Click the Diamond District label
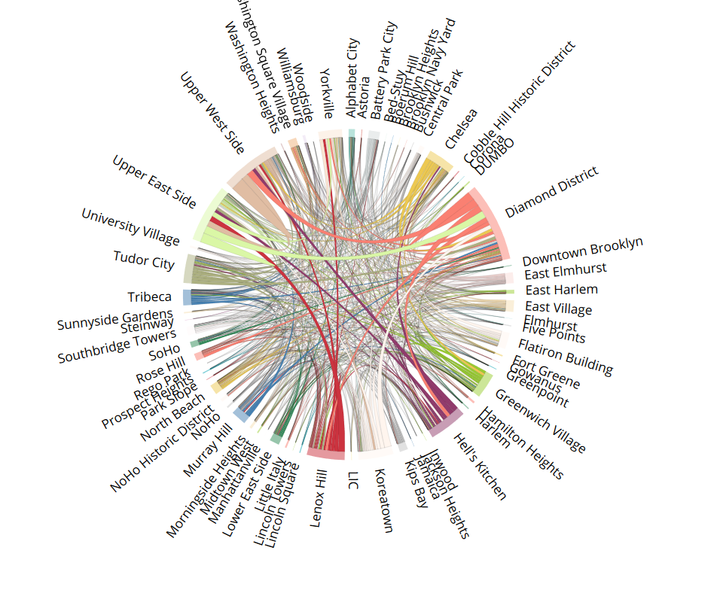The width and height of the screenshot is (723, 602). (551, 193)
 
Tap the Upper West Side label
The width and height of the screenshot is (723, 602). (212, 113)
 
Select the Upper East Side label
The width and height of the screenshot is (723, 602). (154, 181)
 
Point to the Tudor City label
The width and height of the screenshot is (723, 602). (144, 260)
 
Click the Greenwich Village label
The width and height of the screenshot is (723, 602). (540, 421)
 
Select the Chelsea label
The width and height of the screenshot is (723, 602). (461, 129)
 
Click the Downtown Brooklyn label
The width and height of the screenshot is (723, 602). (583, 251)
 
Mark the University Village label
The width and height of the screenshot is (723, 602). (130, 227)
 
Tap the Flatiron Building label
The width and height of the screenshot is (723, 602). (565, 357)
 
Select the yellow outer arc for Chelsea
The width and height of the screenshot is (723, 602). (440, 162)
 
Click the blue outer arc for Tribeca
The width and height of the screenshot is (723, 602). (187, 296)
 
